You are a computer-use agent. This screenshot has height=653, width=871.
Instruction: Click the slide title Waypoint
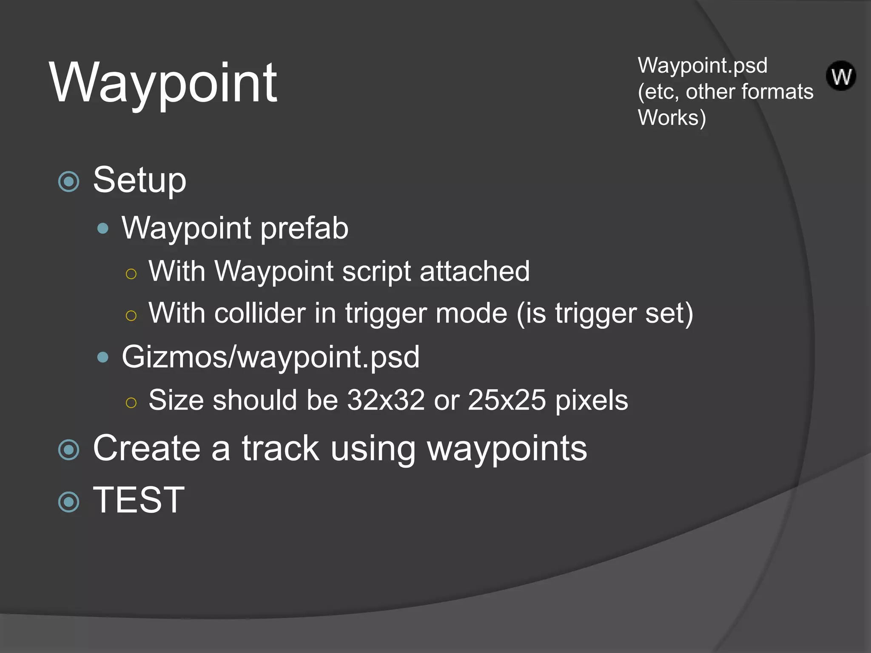point(163,83)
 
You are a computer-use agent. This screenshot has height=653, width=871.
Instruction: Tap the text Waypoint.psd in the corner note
point(702,66)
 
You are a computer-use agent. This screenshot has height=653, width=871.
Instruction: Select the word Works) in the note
point(672,118)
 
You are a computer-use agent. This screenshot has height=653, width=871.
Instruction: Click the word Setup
point(139,180)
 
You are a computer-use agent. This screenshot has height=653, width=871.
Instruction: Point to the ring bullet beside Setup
point(69,182)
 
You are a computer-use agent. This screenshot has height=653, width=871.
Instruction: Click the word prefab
point(304,228)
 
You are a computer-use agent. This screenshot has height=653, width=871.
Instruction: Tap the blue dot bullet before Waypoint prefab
point(103,229)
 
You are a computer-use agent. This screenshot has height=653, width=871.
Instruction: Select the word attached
point(475,271)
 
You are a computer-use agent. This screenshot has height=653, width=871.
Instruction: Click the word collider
point(260,313)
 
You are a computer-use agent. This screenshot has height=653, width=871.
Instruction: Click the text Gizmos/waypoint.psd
point(270,357)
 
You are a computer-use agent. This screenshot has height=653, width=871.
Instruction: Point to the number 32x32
point(386,400)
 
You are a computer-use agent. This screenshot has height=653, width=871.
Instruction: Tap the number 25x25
point(507,400)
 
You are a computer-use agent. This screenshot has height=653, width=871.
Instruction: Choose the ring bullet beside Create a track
point(69,450)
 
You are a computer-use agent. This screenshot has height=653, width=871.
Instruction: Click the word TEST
point(139,500)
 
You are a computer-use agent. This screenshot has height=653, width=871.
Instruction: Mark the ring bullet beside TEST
point(69,502)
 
